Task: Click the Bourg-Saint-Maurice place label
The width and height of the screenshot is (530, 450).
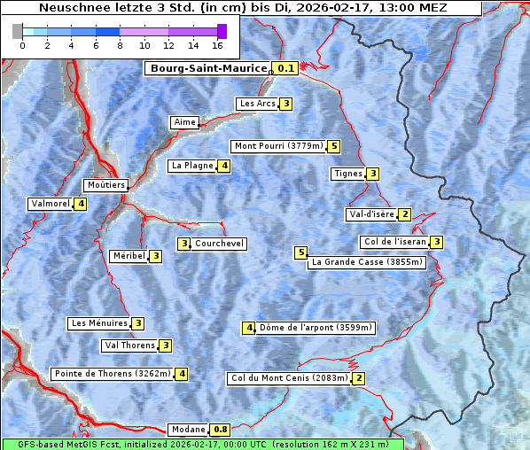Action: point(208,68)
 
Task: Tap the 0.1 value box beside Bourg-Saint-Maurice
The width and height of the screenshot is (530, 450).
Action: point(285,68)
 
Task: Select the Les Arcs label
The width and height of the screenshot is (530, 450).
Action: point(258,104)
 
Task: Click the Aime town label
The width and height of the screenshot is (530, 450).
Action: point(184,122)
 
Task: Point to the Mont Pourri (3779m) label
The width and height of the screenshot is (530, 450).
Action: point(277,146)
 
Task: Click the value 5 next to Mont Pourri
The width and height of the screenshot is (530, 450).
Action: point(333,146)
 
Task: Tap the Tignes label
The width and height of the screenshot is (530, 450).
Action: point(347,174)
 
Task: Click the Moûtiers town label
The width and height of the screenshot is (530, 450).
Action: point(105,185)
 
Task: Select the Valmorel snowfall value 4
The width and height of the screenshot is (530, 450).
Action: point(81,204)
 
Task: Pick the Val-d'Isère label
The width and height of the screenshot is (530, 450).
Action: point(370,214)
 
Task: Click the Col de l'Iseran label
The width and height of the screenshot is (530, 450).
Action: point(394,242)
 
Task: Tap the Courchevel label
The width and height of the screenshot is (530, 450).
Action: point(219,244)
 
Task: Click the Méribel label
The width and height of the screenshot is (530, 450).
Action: point(128,256)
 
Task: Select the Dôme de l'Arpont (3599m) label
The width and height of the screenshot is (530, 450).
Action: point(316,328)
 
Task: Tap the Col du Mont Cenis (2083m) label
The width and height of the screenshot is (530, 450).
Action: point(288,378)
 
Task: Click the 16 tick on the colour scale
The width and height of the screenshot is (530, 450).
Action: point(218,45)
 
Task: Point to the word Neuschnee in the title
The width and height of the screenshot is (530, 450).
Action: point(73,8)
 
